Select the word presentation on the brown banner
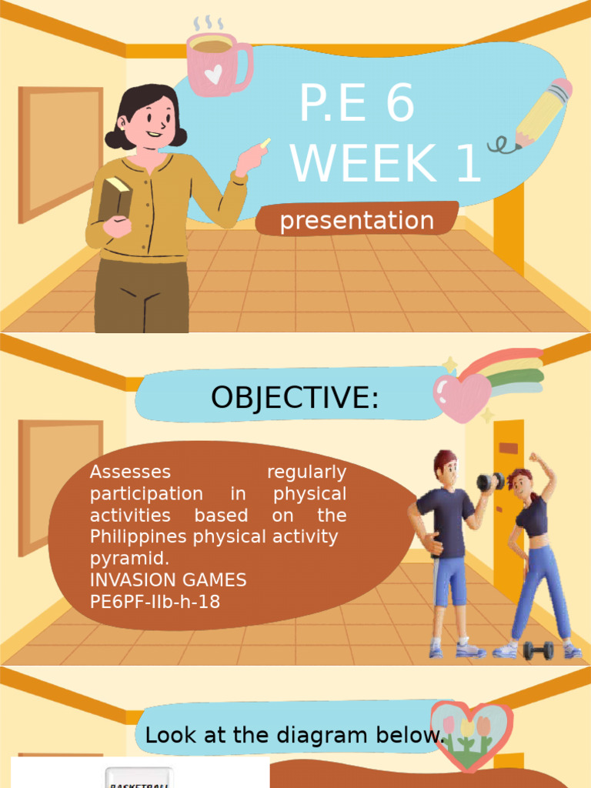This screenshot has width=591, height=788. (357, 221)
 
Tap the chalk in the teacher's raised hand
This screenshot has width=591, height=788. (265, 143)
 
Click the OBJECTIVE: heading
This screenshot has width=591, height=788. (295, 397)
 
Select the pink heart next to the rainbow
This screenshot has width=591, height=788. (461, 396)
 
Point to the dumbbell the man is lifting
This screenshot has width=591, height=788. (489, 482)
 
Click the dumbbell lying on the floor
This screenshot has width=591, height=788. (538, 650)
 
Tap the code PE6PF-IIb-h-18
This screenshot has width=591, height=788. (155, 602)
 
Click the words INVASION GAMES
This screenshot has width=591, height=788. (168, 580)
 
